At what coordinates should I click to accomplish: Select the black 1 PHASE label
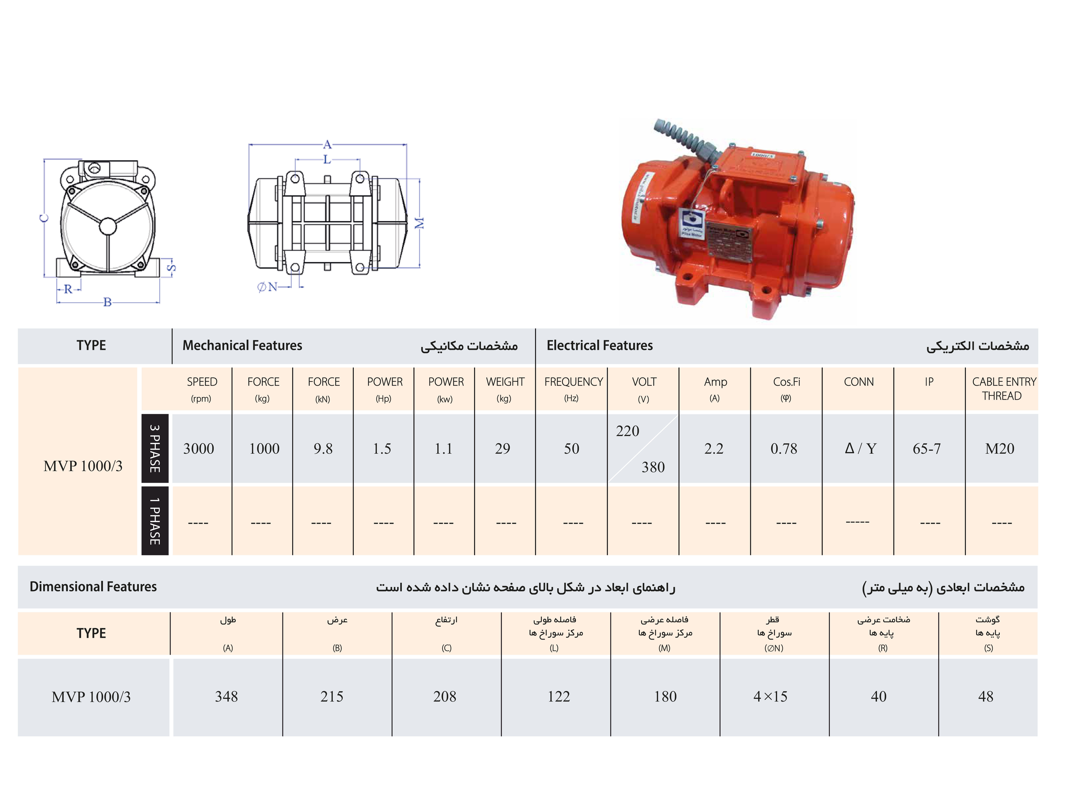point(155,521)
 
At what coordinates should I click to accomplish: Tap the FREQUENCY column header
point(573,382)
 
